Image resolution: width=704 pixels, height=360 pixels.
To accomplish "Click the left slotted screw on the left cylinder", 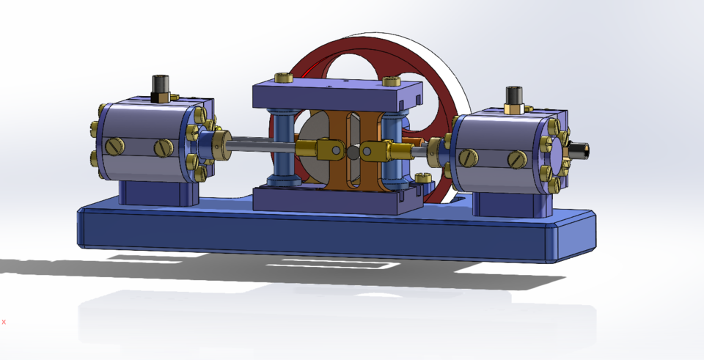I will coord(114,147).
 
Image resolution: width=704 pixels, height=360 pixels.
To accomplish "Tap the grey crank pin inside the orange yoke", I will coord(352,153).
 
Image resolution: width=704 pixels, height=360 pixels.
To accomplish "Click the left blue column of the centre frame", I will coord(283,147).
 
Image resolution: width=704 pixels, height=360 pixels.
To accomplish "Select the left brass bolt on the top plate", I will coord(282,78).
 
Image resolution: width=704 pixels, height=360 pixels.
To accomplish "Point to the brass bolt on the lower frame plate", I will coord(422,178).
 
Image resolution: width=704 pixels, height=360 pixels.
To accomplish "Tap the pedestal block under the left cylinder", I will coord(158,192).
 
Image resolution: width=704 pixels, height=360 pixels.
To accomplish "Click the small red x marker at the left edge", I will coord(4,321).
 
